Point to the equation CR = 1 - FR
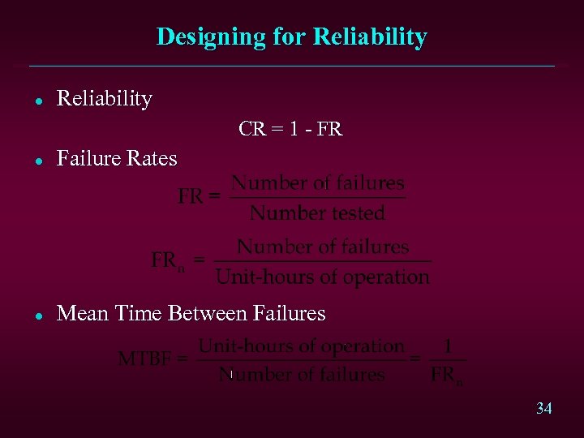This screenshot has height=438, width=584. [x=290, y=129]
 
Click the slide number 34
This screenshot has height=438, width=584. [x=543, y=409]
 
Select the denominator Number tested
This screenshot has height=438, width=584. [x=317, y=213]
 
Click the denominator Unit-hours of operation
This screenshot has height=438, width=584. [x=322, y=277]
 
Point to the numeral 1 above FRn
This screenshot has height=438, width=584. [x=448, y=346]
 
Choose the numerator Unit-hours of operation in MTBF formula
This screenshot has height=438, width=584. [x=301, y=346]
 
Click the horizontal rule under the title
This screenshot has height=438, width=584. [x=292, y=66]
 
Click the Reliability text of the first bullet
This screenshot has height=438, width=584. [x=105, y=99]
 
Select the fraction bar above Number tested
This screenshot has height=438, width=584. [x=318, y=198]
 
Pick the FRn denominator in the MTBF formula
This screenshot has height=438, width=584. [x=447, y=376]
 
